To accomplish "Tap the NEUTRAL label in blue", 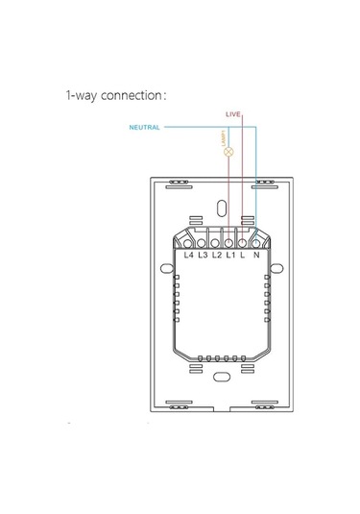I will (x=144, y=127).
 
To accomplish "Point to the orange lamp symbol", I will (x=228, y=152).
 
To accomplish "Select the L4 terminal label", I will (x=189, y=256).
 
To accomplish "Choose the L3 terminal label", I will (x=203, y=256).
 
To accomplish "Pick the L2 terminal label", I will (x=216, y=256).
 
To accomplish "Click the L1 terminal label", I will (x=230, y=256).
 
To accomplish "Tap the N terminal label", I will (x=256, y=256).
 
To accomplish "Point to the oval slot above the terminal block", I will (x=223, y=208).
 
